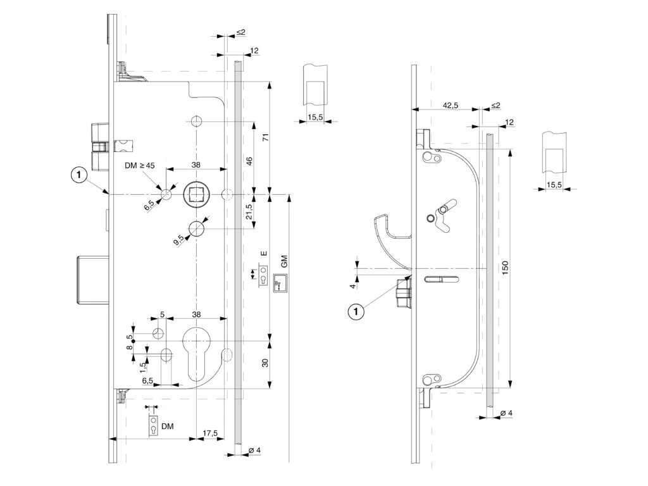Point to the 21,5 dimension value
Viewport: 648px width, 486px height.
pyautogui.click(x=249, y=211)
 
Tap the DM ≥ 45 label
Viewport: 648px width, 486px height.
pyautogui.click(x=139, y=165)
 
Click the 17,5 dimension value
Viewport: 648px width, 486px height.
pyautogui.click(x=210, y=433)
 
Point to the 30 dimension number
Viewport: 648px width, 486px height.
pyautogui.click(x=266, y=363)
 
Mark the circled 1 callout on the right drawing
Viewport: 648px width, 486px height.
pyautogui.click(x=358, y=311)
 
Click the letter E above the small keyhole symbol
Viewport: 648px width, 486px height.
pyautogui.click(x=263, y=254)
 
